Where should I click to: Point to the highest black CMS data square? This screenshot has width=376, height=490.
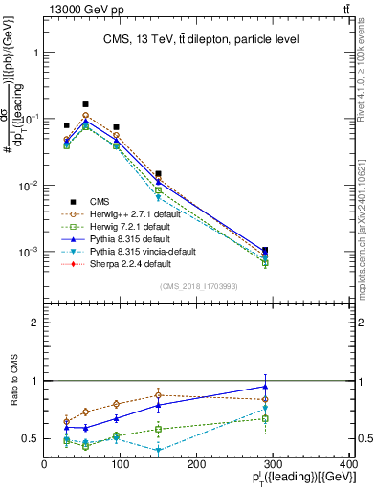(x=85, y=104)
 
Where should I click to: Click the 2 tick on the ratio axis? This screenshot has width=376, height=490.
(x=35, y=323)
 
